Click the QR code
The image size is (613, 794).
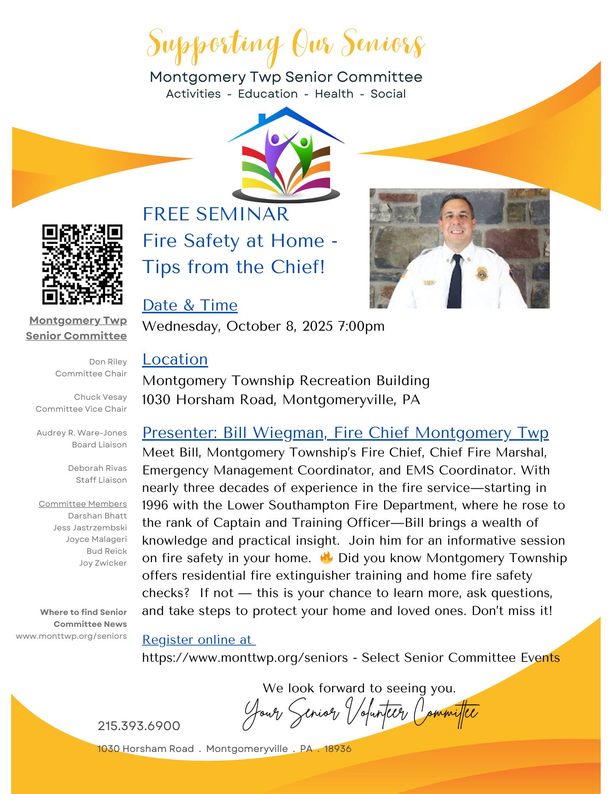coord(83,264)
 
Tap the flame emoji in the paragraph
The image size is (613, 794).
coord(327,558)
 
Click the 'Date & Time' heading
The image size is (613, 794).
coord(190,305)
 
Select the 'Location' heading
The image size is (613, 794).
coord(175,359)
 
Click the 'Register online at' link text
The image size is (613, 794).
coord(198,640)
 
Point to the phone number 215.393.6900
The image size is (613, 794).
coord(139,726)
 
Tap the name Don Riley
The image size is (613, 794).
coord(108,362)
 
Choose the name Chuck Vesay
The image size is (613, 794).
coord(100,397)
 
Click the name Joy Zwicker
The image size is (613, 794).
coord(103,563)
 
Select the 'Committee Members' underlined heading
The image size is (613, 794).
coord(83,504)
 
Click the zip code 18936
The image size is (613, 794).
coord(338,749)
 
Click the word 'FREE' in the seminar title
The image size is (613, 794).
coord(167,214)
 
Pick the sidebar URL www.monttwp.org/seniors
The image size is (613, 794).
coord(71,636)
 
